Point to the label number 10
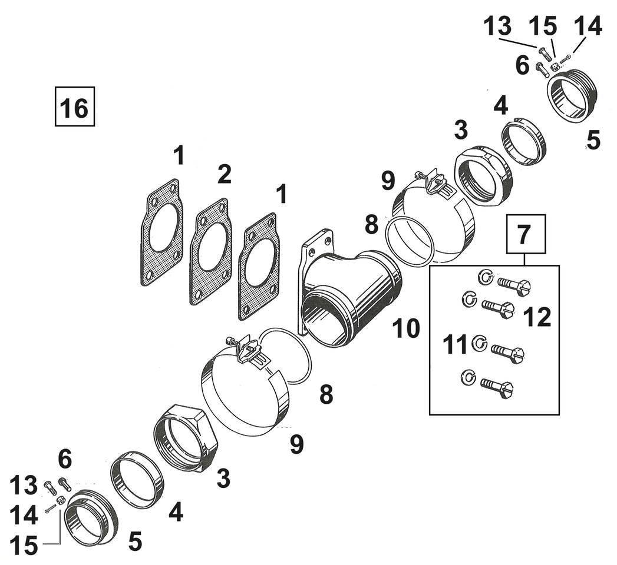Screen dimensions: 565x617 point(407,328)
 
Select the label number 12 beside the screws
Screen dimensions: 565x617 point(536,317)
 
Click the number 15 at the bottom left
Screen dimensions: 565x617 point(24,545)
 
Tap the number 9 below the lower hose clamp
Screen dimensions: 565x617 point(297,444)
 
